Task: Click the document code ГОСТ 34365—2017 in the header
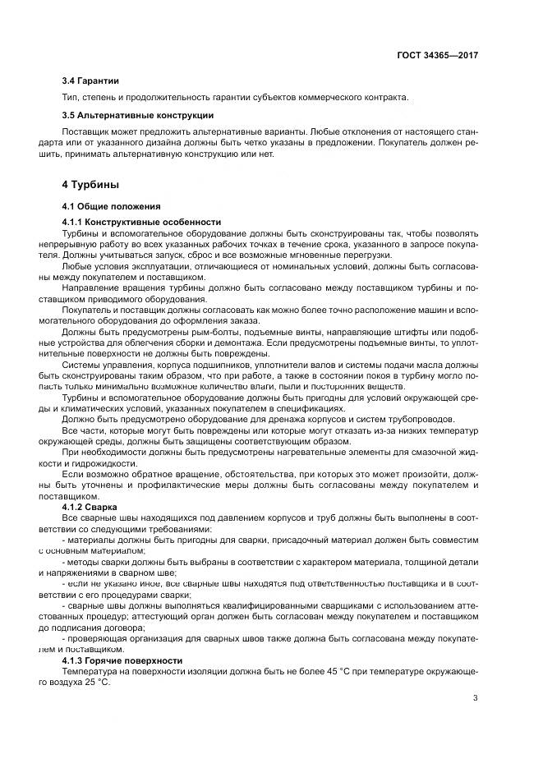435,55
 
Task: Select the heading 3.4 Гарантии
90,80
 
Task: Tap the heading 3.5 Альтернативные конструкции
137,115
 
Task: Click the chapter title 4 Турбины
91,184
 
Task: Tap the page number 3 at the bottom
476,698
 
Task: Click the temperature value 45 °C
354,671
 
